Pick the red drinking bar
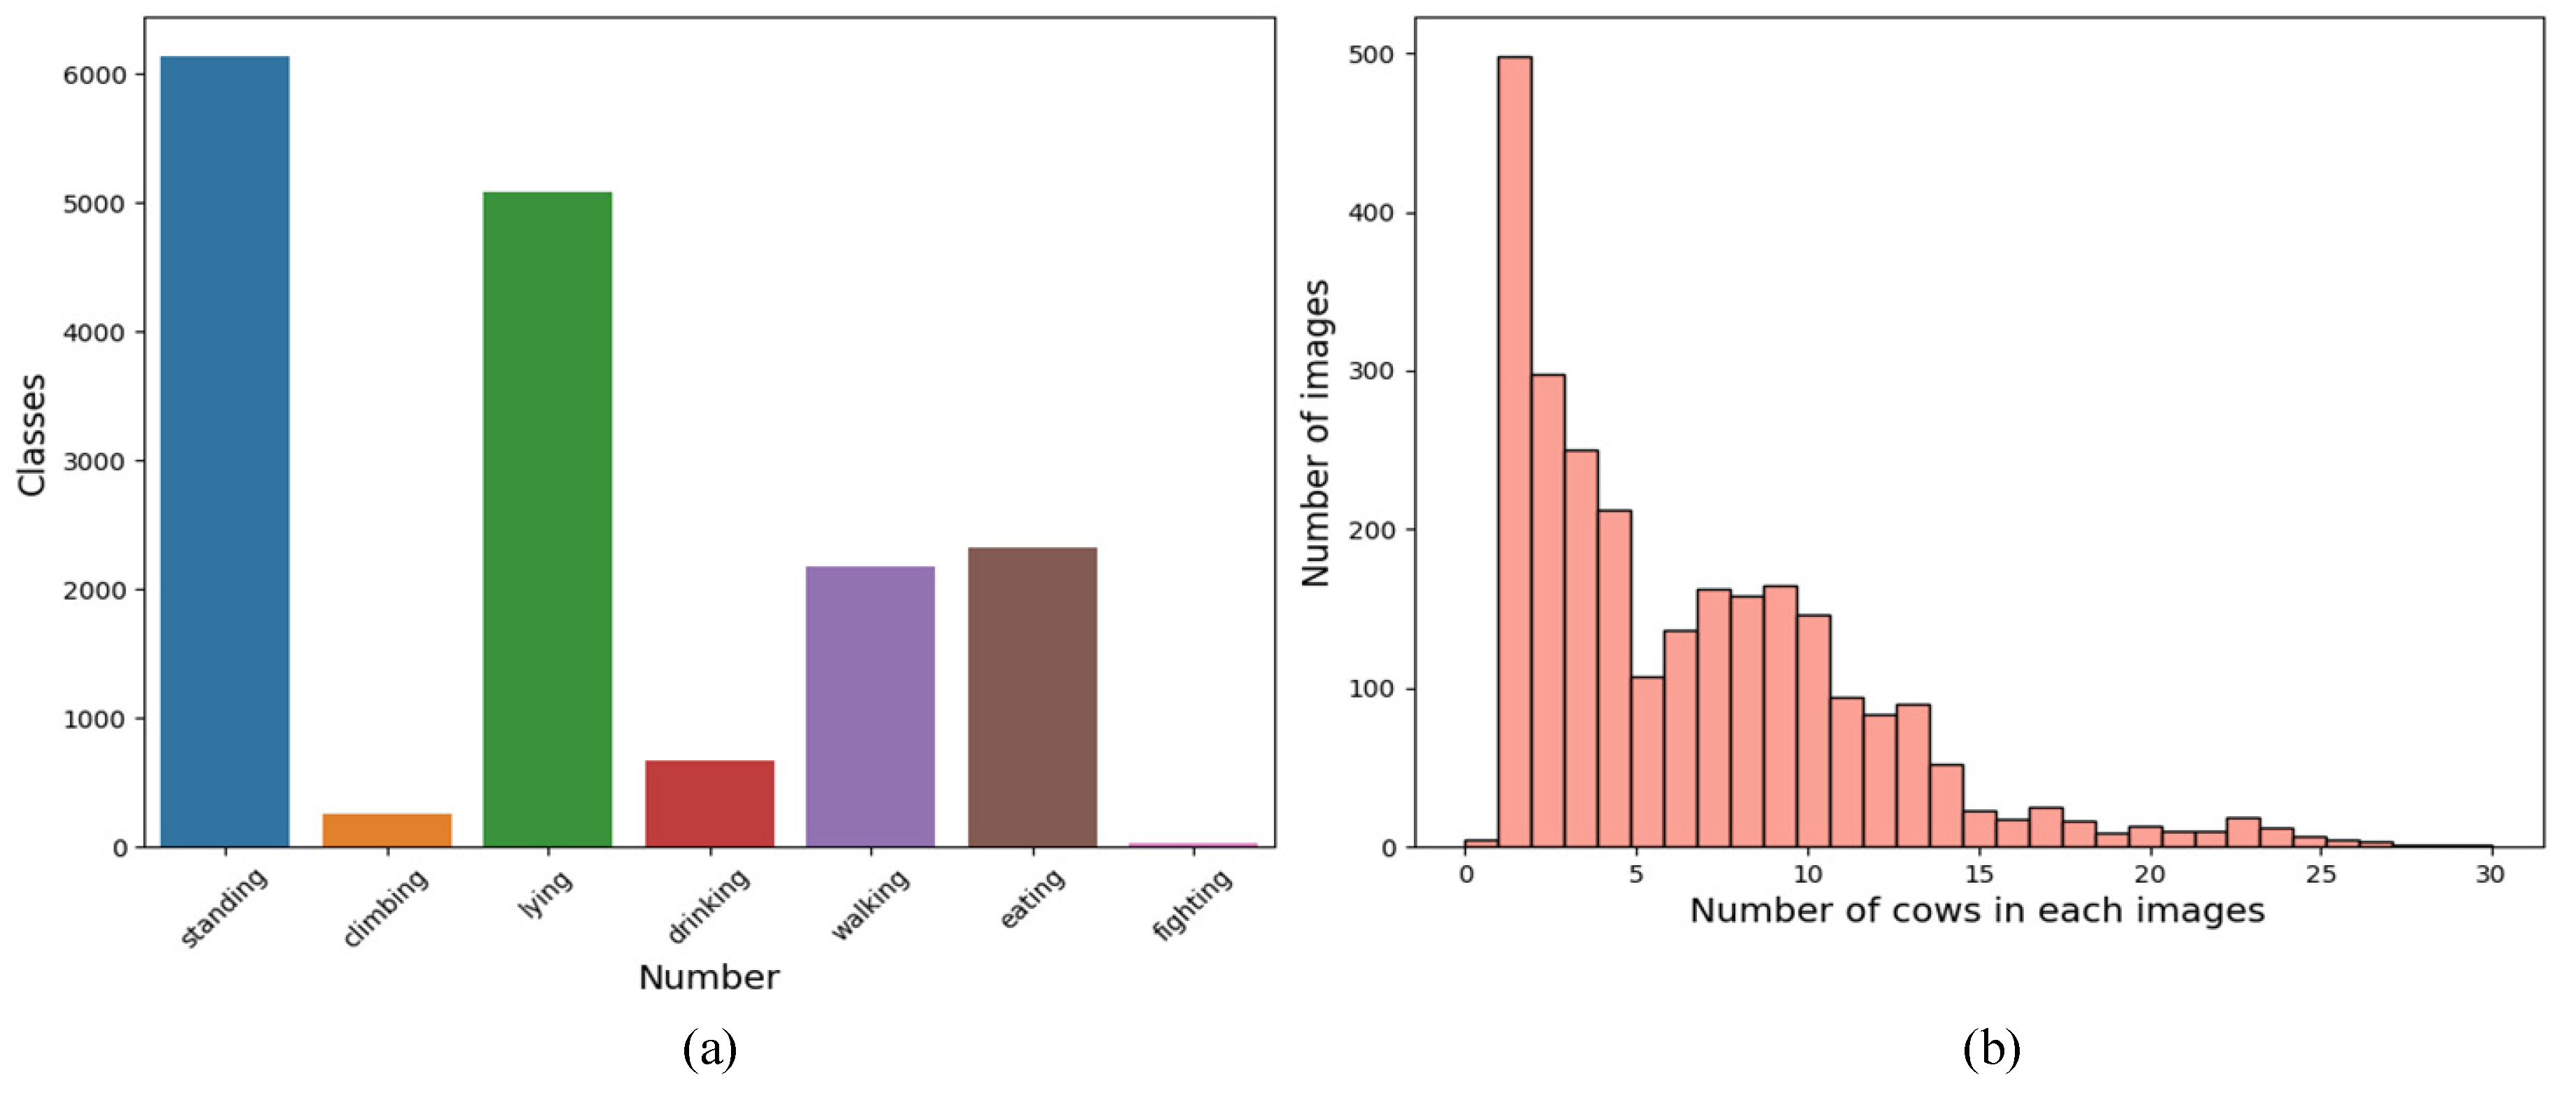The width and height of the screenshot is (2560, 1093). tap(709, 804)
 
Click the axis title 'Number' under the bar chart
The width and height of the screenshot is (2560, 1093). tap(709, 978)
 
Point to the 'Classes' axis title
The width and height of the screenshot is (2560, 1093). tap(33, 434)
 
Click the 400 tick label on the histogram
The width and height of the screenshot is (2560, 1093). tap(1371, 212)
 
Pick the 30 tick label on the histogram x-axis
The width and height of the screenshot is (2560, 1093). tap(2490, 874)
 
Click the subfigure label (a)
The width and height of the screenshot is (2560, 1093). tap(709, 1049)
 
